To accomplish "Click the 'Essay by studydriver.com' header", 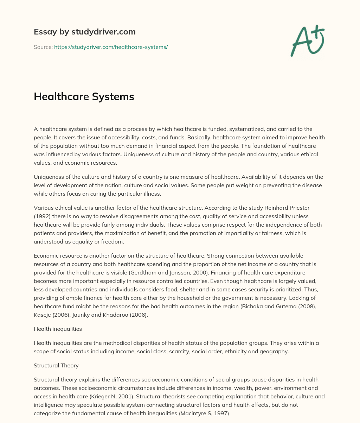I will point(84,32).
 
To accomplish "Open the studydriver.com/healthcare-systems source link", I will point(111,47).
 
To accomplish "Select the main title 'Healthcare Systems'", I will point(84,97).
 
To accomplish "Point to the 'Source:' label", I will point(43,47).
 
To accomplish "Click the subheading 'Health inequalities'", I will point(58,329).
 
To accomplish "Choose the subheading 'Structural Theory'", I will point(56,365).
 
